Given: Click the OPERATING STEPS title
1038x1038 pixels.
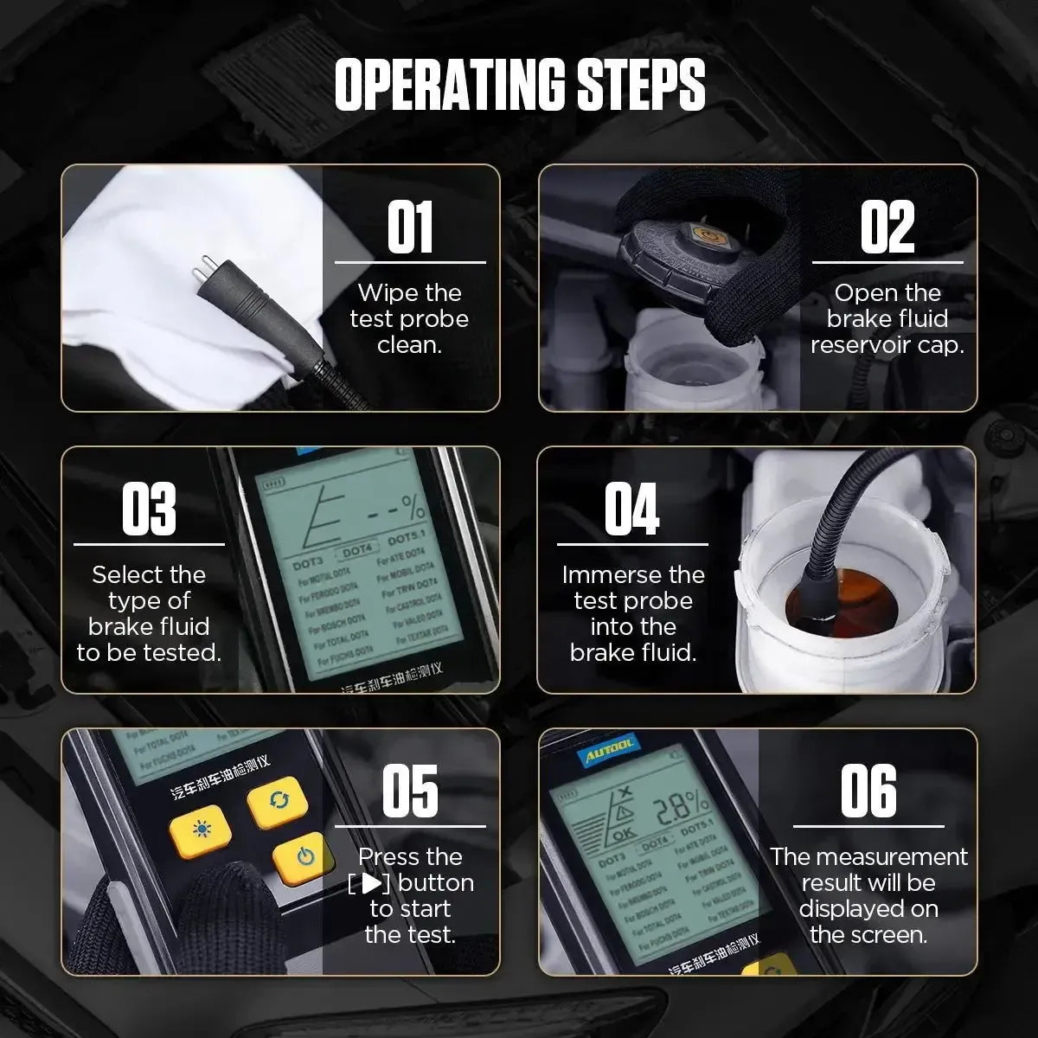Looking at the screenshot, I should (x=519, y=85).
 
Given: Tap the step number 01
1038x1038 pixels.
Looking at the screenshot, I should (x=410, y=227).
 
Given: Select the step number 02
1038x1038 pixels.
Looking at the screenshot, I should (x=887, y=227).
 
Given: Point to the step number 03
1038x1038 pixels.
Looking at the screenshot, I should (x=149, y=509).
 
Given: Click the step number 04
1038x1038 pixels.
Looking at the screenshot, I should (x=631, y=509).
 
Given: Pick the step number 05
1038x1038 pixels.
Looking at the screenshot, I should (x=410, y=791).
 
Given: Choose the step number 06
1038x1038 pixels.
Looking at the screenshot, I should (x=868, y=791).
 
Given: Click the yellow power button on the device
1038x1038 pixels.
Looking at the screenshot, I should (x=303, y=857).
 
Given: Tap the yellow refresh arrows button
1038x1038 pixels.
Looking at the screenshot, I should (x=278, y=801).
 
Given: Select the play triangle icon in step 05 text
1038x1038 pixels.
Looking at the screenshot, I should (x=371, y=883).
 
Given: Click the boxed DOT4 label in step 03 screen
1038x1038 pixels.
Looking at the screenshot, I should (x=357, y=550).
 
